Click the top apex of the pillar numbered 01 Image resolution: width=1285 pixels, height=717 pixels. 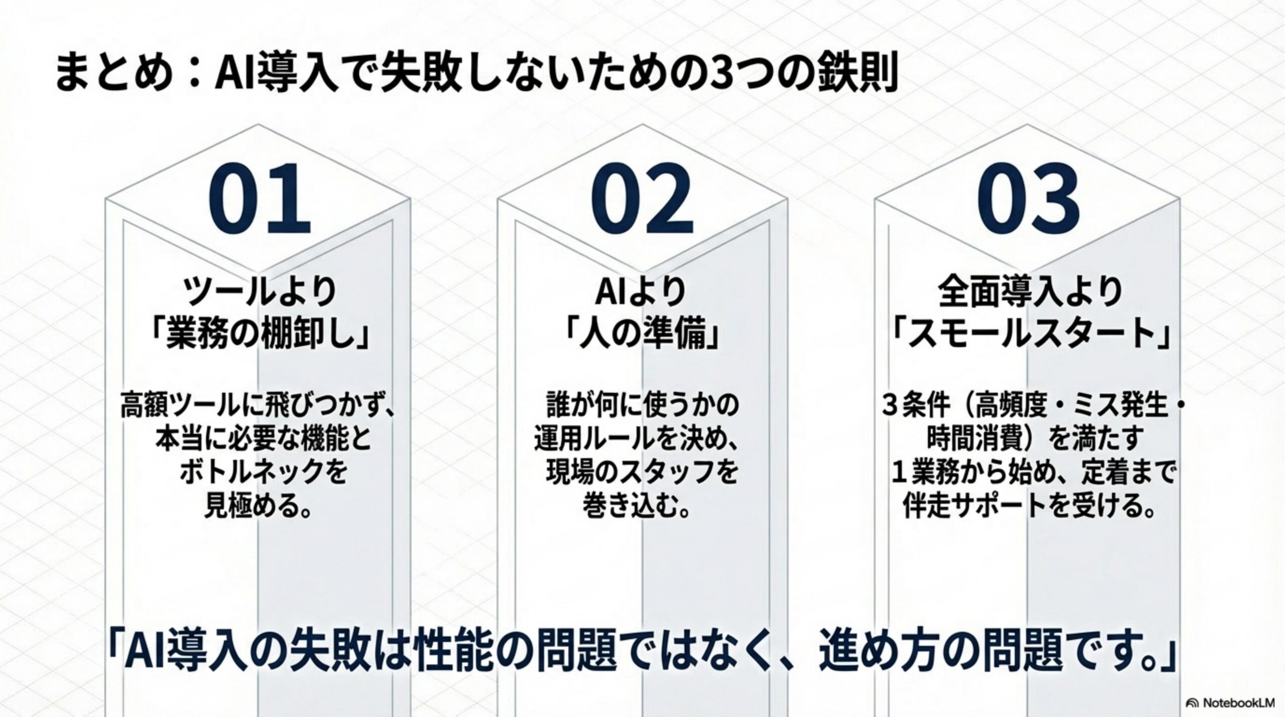(258, 124)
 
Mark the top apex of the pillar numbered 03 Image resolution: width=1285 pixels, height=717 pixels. (1027, 124)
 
